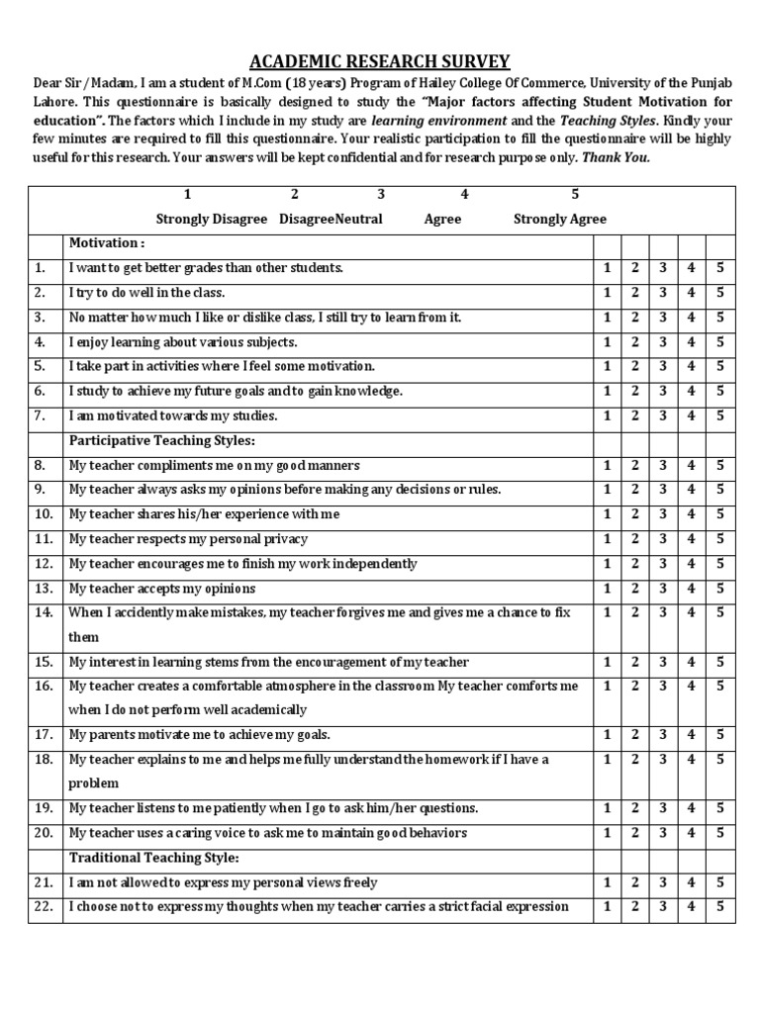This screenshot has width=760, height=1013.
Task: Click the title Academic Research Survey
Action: point(380,61)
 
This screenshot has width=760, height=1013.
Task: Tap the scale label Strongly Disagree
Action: point(212,219)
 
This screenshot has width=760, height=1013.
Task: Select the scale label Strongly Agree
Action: point(560,219)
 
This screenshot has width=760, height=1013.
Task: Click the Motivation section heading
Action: point(106,242)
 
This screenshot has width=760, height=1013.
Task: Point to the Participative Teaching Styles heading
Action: point(161,440)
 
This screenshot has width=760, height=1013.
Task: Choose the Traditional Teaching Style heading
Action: point(153,858)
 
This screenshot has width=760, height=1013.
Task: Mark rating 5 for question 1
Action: point(720,268)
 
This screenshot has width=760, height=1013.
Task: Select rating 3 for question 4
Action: point(664,342)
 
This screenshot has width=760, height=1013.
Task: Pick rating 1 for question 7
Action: point(607,415)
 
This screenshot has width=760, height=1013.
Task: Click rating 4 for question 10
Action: point(692,514)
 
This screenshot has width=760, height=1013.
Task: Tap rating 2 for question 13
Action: point(635,588)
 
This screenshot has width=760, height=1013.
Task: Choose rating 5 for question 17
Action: point(720,734)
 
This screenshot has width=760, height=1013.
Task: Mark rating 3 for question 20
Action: point(664,833)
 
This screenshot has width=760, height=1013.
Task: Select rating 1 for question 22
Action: point(607,906)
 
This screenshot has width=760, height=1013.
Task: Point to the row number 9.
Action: point(40,490)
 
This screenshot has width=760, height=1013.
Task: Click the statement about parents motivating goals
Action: point(199,735)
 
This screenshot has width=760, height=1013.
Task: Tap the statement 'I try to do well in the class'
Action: point(146,293)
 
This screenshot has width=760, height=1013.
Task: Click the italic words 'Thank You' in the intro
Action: point(616,157)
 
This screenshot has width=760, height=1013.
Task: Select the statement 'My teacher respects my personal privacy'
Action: point(188,539)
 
